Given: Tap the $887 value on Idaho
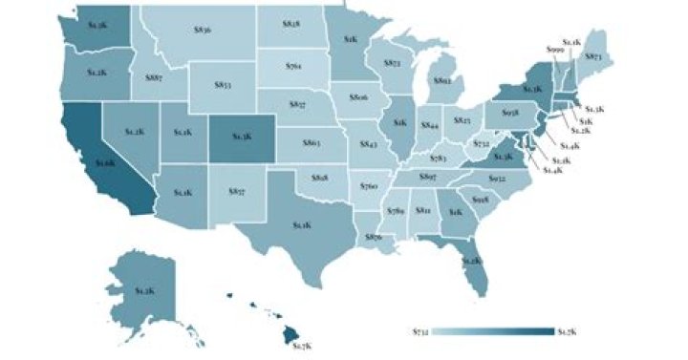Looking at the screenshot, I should coord(152,78).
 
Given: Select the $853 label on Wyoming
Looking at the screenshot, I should coord(222,85).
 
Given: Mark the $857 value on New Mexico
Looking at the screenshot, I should coord(238,192).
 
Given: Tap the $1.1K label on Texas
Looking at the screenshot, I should coord(302,224).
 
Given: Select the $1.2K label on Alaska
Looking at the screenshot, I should coord(145,289).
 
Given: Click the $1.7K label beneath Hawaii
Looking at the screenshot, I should coord(302,344).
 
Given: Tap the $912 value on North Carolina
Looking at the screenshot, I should coord(497,179).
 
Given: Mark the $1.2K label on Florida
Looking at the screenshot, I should coord(471,260).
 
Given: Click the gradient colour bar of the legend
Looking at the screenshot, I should coord(492,330).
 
